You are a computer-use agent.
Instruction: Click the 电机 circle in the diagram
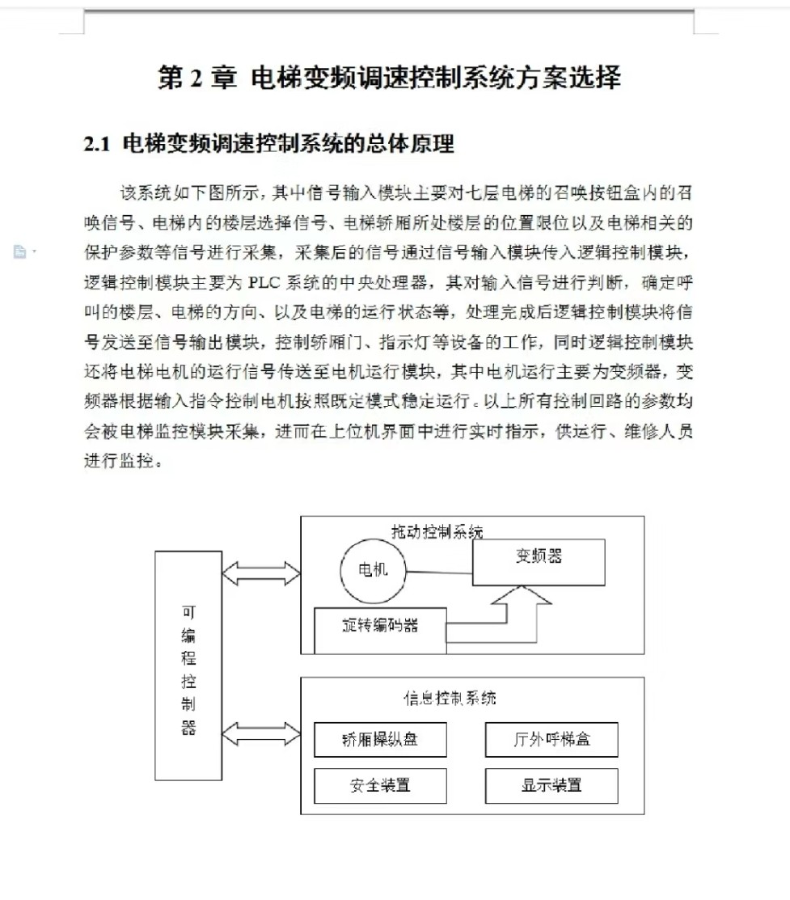(x=373, y=569)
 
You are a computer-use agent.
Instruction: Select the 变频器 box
(x=539, y=562)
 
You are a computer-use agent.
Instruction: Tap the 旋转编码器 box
(x=380, y=630)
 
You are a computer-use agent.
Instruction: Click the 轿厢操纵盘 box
(x=380, y=740)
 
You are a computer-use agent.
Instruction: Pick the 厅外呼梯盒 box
(x=551, y=740)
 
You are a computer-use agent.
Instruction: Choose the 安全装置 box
(x=380, y=785)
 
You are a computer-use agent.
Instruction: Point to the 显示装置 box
(x=551, y=785)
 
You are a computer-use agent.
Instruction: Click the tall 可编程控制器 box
(x=188, y=665)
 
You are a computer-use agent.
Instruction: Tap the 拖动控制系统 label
(x=437, y=531)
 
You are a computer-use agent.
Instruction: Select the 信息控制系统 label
(x=450, y=697)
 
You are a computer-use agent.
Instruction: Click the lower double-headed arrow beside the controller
(x=261, y=734)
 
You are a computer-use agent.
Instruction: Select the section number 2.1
(x=96, y=145)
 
